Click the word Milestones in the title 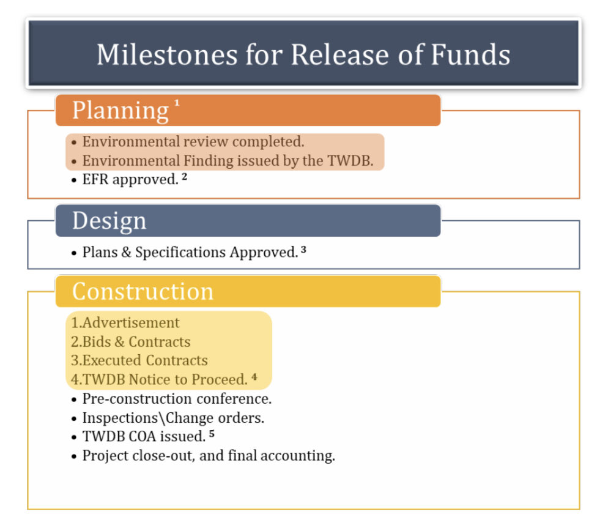point(166,54)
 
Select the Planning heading point(120,110)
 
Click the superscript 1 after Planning point(177,103)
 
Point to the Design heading point(109,221)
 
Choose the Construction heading point(143,291)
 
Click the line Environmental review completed point(193,142)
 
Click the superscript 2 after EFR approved point(184,177)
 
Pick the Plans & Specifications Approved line point(190,252)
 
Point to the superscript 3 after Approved point(303,249)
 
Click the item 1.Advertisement point(125,322)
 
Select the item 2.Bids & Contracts point(130,341)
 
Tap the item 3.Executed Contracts point(139,360)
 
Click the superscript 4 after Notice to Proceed point(254,377)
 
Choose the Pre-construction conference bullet point(177,399)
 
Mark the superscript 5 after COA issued point(212,434)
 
